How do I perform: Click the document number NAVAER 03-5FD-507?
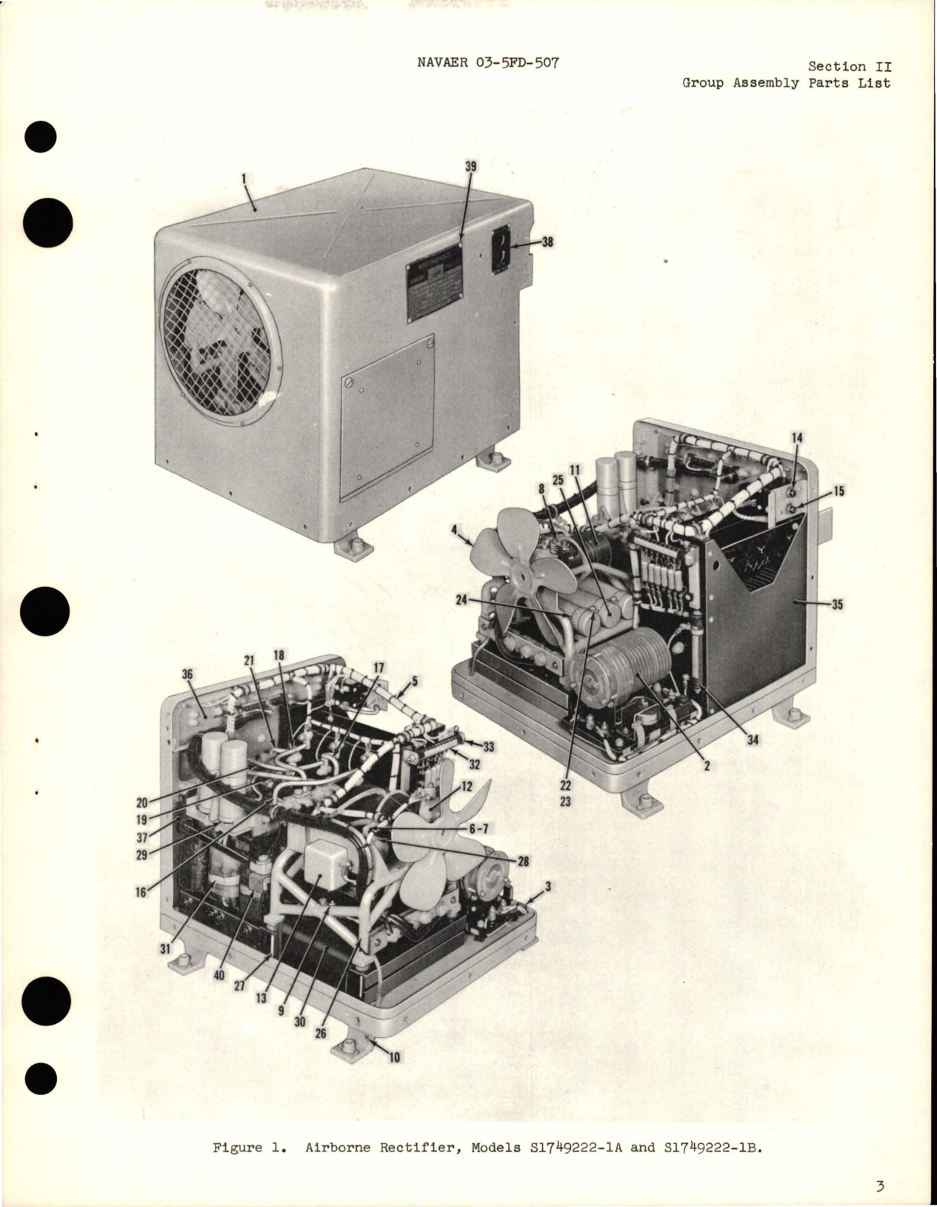click(x=488, y=62)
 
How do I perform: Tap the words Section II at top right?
click(x=859, y=67)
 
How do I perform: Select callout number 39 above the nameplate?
click(x=470, y=167)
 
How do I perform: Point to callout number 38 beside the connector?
click(x=547, y=242)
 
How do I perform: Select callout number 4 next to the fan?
click(x=453, y=530)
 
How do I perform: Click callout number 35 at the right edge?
click(x=837, y=605)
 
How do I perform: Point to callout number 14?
click(x=796, y=439)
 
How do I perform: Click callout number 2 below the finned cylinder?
click(x=706, y=767)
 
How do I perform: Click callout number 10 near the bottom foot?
click(x=394, y=1057)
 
